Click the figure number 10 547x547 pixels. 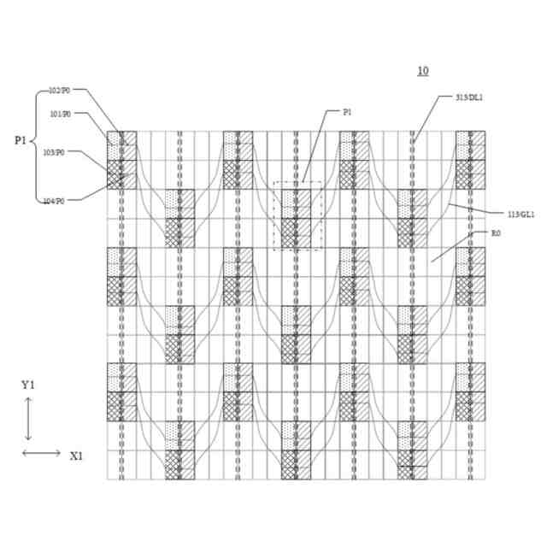pos(422,71)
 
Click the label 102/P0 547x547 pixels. pos(61,91)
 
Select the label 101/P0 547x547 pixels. pos(60,113)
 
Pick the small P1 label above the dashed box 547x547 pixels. pos(347,112)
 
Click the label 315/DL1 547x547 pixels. pos(470,97)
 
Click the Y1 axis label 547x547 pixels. pos(27,385)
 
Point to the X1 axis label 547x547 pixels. pos(76,456)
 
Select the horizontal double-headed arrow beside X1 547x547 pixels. pos(41,452)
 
